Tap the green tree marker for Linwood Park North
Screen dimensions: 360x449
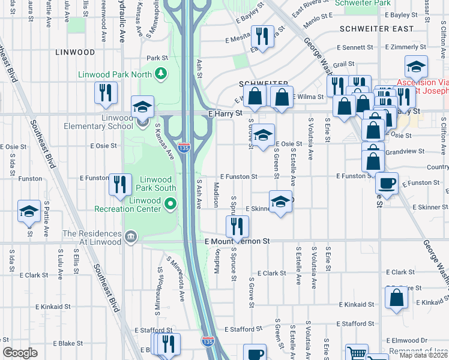pyautogui.click(x=160, y=74)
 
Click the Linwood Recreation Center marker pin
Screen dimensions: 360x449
pyautogui.click(x=170, y=205)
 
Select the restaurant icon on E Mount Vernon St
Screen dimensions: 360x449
pyautogui.click(x=237, y=226)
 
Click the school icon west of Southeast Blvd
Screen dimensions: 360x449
pyautogui.click(x=29, y=211)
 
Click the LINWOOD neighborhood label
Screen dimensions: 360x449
pyautogui.click(x=75, y=53)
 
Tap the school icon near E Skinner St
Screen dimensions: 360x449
pyautogui.click(x=280, y=202)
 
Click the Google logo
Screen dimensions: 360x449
pyautogui.click(x=20, y=353)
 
